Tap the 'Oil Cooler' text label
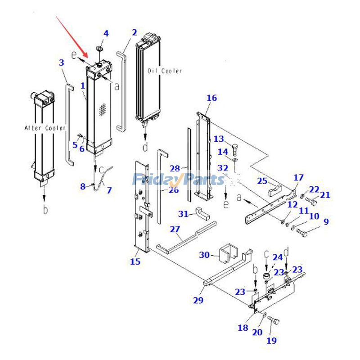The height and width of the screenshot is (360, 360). [x=165, y=71]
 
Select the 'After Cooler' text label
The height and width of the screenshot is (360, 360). [x=45, y=128]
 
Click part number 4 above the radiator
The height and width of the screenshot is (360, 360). [x=106, y=33]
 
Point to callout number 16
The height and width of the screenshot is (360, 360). [x=211, y=98]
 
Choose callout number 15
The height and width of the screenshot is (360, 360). [x=135, y=261]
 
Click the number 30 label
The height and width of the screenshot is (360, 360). [x=204, y=255]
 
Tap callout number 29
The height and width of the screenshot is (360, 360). [x=198, y=300]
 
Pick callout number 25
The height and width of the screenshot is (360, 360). [x=262, y=181]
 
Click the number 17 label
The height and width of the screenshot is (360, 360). [x=299, y=177]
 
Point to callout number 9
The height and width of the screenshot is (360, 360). [x=326, y=221]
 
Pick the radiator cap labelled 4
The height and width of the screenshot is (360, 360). [x=101, y=47]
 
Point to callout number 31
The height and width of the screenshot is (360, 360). [x=183, y=213]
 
